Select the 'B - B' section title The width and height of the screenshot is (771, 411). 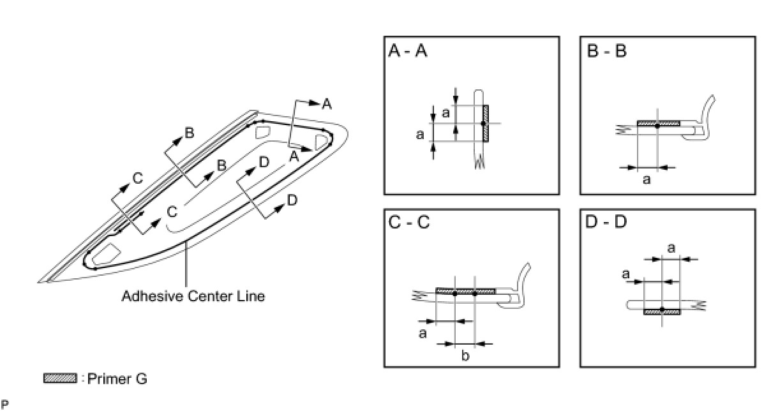(x=606, y=52)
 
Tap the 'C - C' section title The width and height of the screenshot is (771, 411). (x=408, y=223)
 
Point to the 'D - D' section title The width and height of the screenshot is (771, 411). (x=606, y=223)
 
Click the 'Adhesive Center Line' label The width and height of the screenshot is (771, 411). (x=193, y=296)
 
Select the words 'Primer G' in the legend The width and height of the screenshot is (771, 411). (x=117, y=378)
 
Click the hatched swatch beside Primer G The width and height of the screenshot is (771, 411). (x=59, y=378)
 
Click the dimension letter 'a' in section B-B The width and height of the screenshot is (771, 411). (x=647, y=180)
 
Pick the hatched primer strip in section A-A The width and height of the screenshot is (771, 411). (x=486, y=123)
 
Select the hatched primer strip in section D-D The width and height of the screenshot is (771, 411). (x=662, y=312)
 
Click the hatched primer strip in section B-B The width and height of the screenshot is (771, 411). (x=658, y=123)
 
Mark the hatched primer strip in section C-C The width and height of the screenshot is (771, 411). (x=465, y=290)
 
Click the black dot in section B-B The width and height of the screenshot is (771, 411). (x=657, y=126)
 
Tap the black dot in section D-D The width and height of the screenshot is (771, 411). (x=662, y=309)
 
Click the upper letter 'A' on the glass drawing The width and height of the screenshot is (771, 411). (x=327, y=104)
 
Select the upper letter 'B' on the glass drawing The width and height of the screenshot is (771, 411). (x=189, y=133)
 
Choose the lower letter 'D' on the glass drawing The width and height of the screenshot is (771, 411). (x=292, y=200)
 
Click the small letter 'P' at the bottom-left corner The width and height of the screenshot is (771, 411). (x=4, y=403)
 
